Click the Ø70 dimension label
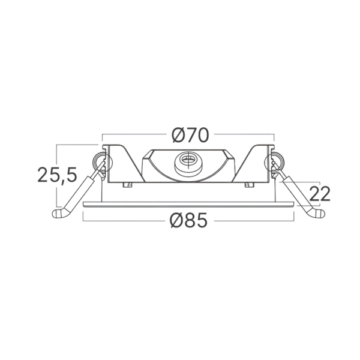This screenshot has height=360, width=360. coord(190,136)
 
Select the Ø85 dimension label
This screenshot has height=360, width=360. coord(188,220)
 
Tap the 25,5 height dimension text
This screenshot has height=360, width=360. coord(57,175)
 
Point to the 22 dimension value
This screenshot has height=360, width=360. coord(320,194)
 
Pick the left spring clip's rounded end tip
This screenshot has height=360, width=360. coord(57,214)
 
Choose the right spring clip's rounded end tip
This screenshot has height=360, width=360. coord(320,214)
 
